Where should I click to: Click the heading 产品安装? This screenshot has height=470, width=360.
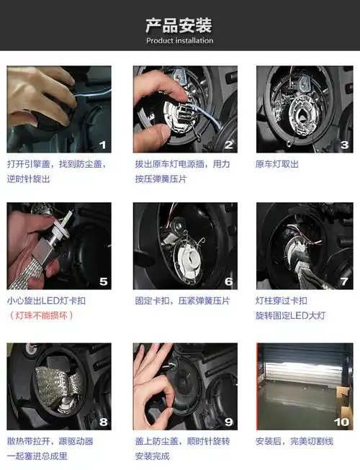(x=179, y=26)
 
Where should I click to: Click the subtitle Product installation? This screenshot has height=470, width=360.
(x=179, y=41)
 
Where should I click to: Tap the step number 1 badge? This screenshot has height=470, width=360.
(x=102, y=145)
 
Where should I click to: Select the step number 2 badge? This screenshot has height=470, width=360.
(x=228, y=145)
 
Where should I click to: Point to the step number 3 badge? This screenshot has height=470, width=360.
(x=344, y=145)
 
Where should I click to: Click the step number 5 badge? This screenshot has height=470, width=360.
(x=103, y=282)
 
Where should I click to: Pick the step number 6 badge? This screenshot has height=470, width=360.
(x=228, y=282)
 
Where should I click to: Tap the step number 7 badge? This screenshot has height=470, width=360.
(x=344, y=282)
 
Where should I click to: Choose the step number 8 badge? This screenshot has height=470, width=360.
(x=103, y=422)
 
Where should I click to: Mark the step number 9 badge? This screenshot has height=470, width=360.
(x=228, y=422)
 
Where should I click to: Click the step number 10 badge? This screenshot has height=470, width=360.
(x=341, y=422)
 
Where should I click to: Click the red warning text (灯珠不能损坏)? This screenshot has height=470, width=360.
(x=42, y=315)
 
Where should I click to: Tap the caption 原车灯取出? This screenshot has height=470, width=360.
(x=276, y=164)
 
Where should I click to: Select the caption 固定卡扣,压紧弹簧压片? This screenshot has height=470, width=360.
(x=182, y=301)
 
